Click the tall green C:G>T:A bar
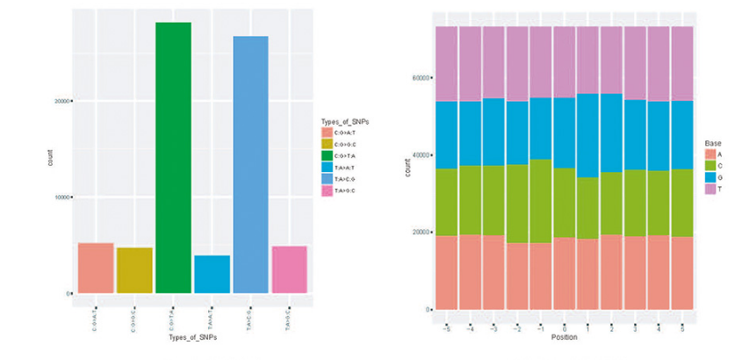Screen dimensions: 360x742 point(173,158)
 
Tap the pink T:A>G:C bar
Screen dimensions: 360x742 point(289,270)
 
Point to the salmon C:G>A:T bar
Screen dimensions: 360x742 point(96,268)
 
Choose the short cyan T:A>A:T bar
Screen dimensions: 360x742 point(212,274)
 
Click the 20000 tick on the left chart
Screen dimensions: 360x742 point(61,101)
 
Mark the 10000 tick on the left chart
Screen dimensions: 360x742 point(61,198)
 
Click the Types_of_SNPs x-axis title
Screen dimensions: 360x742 point(193,337)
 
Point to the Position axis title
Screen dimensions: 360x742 point(565,336)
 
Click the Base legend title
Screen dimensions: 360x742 point(713,142)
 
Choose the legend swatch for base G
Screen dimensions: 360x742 point(710,176)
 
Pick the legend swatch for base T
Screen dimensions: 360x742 point(710,189)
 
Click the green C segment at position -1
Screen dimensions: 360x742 point(541,201)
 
